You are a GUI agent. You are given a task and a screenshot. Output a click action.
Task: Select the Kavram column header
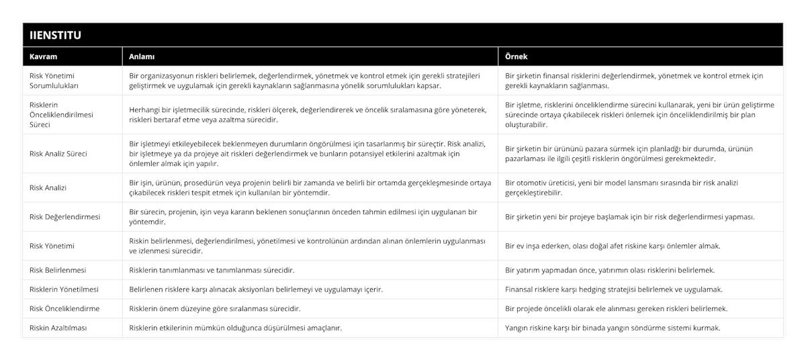(43, 56)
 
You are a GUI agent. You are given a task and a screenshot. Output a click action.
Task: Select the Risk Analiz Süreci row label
(58, 153)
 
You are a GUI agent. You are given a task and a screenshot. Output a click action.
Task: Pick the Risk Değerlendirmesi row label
(65, 216)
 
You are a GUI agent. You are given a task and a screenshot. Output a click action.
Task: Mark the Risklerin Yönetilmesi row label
(64, 289)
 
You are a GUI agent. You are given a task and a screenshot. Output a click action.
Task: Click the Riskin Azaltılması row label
(58, 328)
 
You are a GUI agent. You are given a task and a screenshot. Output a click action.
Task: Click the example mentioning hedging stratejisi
(613, 289)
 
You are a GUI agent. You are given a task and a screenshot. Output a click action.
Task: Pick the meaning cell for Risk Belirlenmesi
(212, 270)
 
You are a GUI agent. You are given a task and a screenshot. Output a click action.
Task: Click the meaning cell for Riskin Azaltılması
(235, 328)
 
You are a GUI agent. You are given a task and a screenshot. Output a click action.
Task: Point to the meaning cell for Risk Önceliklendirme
(214, 308)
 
